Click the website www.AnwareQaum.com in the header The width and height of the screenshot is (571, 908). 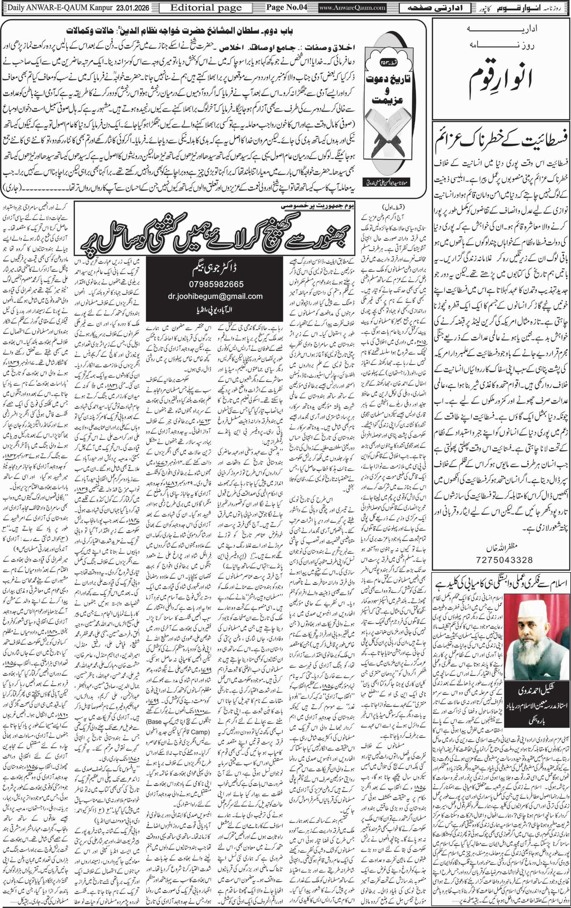pyautogui.click(x=352, y=8)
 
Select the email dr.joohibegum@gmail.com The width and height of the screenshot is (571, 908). pyautogui.click(x=215, y=296)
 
